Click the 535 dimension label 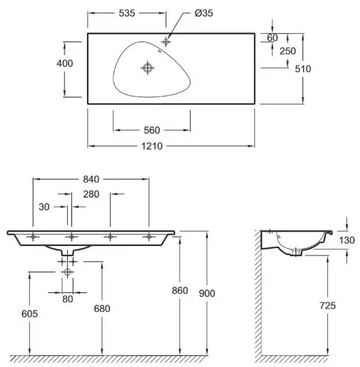pos(127,13)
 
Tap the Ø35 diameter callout pos(204,13)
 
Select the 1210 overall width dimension pos(152,146)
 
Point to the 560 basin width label pos(152,130)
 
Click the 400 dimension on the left pos(65,63)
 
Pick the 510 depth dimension pos(303,69)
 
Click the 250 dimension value pos(288,51)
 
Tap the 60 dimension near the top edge pos(272,37)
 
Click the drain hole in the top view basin pos(147,68)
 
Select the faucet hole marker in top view pos(166,42)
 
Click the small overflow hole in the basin pos(160,51)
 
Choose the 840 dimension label pos(91,179)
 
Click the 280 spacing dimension pos(91,194)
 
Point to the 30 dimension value pos(44,207)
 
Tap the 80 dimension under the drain pos(68,299)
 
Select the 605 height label pos(29,314)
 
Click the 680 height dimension pos(102,309)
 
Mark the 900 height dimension pos(207,294)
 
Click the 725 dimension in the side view pos(327,306)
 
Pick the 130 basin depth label pos(346,241)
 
